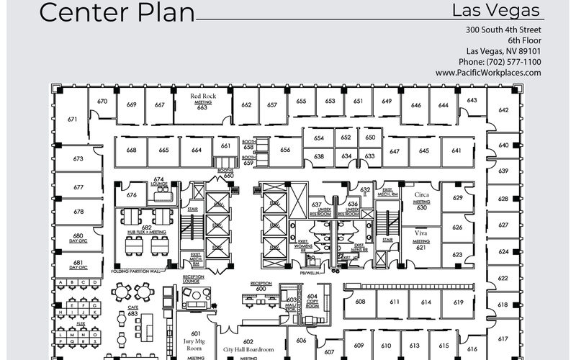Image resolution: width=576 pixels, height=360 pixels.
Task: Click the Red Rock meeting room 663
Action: click(x=202, y=102)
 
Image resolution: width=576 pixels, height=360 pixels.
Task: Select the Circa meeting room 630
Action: click(x=421, y=201)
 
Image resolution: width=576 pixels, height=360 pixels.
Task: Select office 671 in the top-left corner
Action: click(x=72, y=119)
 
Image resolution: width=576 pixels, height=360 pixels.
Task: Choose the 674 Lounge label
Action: click(x=159, y=181)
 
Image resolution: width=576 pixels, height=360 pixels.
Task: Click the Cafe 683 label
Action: click(x=132, y=310)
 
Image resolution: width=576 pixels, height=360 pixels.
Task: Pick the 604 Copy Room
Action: click(x=312, y=300)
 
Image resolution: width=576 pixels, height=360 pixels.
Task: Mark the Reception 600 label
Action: click(x=261, y=286)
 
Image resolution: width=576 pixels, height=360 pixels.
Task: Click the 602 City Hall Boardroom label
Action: click(x=248, y=346)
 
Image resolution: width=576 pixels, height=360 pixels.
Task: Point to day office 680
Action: click(x=78, y=238)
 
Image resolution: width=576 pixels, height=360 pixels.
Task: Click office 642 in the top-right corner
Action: click(x=503, y=110)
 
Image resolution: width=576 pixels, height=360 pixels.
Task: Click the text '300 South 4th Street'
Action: click(x=503, y=30)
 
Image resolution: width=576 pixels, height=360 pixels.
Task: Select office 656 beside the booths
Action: click(x=285, y=150)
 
